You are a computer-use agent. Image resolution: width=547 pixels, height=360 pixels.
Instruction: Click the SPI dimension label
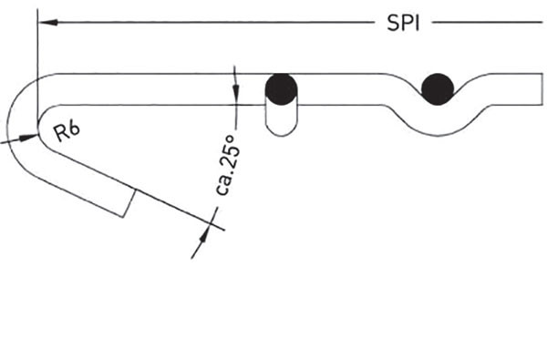tap(403, 24)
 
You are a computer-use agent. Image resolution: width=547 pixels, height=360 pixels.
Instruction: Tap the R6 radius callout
tap(67, 132)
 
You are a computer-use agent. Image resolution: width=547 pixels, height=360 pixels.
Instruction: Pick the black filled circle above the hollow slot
tap(281, 89)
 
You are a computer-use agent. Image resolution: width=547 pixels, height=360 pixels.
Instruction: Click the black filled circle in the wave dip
tap(438, 89)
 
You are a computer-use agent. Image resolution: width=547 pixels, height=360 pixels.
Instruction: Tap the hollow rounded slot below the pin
tap(282, 120)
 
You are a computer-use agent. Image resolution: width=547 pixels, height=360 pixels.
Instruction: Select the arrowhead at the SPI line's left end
tap(48, 22)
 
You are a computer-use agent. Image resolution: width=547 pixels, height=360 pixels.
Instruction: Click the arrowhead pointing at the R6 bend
tap(28, 138)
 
